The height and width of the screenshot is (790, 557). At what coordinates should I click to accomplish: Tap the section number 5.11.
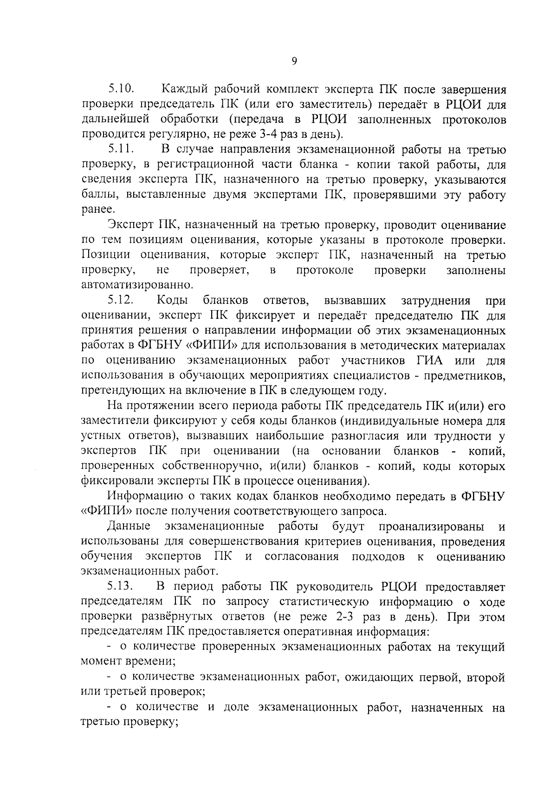pos(122,150)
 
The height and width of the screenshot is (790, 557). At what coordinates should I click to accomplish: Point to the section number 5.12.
pos(122,301)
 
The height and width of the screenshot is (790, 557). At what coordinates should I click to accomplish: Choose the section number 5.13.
pos(122,587)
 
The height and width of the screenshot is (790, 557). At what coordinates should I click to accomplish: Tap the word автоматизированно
pos(137,284)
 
